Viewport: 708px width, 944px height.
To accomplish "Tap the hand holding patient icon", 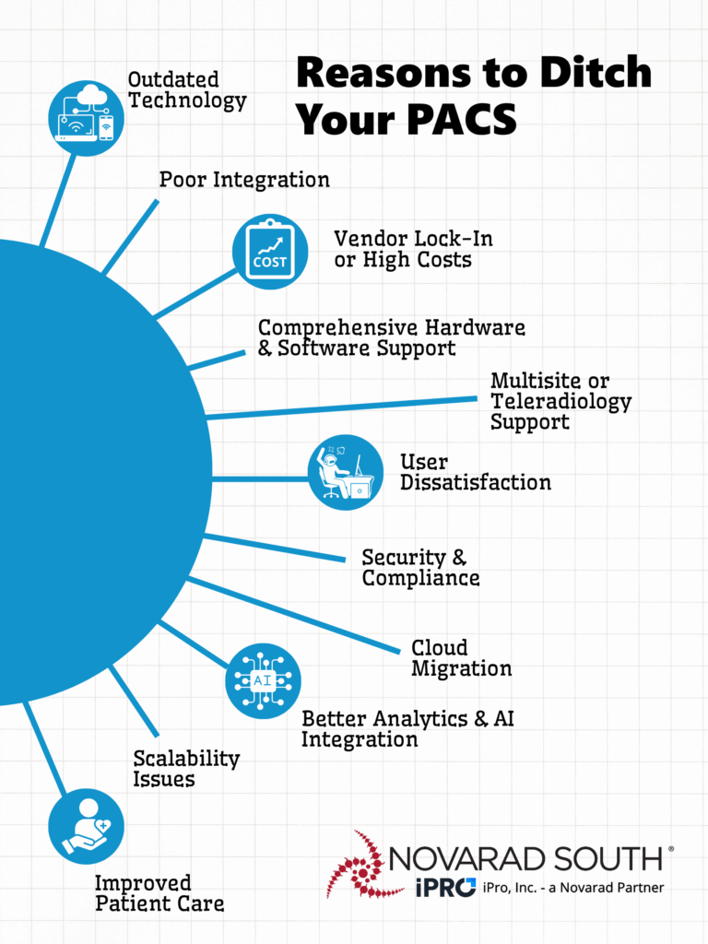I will [x=86, y=825].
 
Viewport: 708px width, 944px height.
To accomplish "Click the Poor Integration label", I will [x=244, y=179].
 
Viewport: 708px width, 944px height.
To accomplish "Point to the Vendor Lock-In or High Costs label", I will [x=413, y=249].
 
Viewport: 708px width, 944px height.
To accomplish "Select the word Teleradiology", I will [x=560, y=401].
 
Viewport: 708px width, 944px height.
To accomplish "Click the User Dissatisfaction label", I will [x=475, y=471].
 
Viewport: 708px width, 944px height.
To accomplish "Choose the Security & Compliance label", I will [x=420, y=568].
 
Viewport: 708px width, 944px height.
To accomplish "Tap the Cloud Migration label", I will [x=461, y=657].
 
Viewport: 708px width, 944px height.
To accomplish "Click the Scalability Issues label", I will [x=186, y=769].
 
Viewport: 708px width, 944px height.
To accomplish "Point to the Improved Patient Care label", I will [x=159, y=893].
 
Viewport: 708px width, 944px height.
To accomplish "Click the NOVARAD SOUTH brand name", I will [x=526, y=858].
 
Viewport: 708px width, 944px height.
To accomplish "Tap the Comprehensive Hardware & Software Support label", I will [x=391, y=337].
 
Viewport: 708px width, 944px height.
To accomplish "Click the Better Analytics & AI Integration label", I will [x=407, y=728].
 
